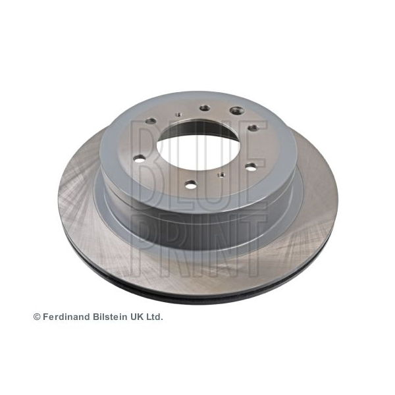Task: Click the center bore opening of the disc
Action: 198,145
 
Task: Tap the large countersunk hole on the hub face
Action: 237,110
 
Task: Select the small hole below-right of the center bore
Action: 222,174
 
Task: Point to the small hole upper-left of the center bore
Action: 179,115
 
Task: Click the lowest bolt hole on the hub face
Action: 191,185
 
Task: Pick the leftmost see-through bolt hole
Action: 140,159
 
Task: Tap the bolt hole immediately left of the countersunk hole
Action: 205,109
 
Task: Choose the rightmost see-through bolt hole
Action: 251,167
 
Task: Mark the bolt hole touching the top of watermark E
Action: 253,128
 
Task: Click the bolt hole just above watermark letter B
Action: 151,121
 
